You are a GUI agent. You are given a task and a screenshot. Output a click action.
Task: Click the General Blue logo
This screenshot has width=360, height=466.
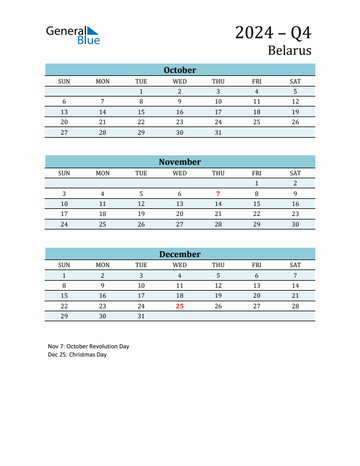[x=73, y=35]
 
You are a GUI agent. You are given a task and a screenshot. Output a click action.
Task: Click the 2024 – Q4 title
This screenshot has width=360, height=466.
[x=273, y=32]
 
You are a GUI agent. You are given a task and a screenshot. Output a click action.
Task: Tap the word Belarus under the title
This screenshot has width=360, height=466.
[x=289, y=50]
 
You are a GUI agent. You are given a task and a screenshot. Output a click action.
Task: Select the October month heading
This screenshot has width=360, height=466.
[x=179, y=70]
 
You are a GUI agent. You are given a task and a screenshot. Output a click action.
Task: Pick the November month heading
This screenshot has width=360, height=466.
[x=179, y=162]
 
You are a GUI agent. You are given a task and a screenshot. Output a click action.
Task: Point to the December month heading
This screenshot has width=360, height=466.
[x=179, y=254]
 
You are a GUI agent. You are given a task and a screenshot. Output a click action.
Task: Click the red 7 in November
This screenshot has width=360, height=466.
[x=218, y=193]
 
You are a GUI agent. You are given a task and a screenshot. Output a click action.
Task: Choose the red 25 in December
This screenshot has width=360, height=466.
[x=179, y=306]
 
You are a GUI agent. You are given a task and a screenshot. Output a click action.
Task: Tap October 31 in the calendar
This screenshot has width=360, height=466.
[x=218, y=132]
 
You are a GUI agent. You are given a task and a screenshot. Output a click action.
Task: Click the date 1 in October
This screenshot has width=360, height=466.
[x=141, y=91]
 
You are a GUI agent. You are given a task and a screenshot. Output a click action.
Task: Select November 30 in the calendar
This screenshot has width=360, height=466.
[x=295, y=224]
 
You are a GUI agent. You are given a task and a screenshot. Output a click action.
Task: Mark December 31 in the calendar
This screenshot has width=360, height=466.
[x=141, y=316]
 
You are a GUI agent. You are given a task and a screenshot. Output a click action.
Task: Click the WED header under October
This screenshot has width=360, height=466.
[x=179, y=81]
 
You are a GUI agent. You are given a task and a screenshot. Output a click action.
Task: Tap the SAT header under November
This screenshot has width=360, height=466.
[x=295, y=173]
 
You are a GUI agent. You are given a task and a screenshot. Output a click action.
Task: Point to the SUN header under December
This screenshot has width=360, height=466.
[x=64, y=265]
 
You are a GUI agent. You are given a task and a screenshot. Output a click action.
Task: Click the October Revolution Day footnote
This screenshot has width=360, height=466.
[x=89, y=346]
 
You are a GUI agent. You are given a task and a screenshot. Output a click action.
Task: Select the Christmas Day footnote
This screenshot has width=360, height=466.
[x=78, y=354]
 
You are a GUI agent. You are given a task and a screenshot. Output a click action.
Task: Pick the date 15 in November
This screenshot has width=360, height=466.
[x=256, y=204]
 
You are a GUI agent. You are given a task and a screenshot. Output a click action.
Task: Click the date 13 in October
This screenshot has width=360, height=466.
[x=64, y=112]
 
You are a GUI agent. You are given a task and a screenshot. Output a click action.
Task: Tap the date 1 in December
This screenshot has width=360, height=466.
[x=64, y=275]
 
